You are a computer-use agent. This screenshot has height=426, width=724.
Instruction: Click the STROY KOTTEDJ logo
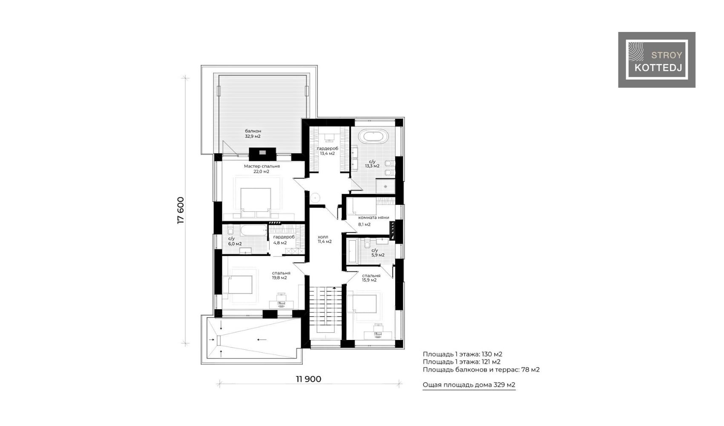(x=656, y=60)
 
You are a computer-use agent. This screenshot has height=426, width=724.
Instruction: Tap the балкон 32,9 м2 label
(x=253, y=133)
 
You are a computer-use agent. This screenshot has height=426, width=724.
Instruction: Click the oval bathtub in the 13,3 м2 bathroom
(x=375, y=136)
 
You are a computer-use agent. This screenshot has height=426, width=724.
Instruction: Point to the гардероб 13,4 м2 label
(x=328, y=151)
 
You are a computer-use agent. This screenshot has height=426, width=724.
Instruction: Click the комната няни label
(x=373, y=218)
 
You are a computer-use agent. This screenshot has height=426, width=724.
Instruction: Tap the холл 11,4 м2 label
(x=325, y=239)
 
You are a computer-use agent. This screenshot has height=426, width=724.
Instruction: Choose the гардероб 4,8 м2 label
(x=284, y=240)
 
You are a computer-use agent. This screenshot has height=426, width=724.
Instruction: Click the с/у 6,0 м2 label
(x=235, y=241)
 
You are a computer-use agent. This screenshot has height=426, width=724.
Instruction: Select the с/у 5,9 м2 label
(x=377, y=253)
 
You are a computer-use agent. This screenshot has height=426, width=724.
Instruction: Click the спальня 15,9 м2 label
(x=371, y=278)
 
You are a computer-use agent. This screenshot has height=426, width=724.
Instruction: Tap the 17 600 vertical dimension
(x=180, y=210)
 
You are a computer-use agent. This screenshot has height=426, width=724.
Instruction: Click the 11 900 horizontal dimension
(x=309, y=379)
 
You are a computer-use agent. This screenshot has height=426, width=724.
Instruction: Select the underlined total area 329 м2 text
(x=469, y=385)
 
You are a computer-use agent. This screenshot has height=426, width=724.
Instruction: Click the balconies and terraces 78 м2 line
(x=481, y=369)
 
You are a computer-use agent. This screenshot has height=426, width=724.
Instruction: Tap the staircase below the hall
(x=325, y=310)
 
